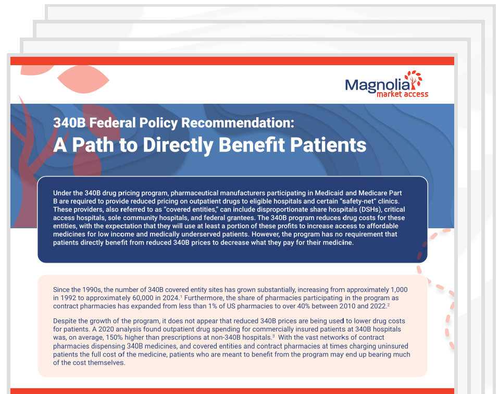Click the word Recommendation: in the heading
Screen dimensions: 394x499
237,123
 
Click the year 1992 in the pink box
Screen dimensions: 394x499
70,297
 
